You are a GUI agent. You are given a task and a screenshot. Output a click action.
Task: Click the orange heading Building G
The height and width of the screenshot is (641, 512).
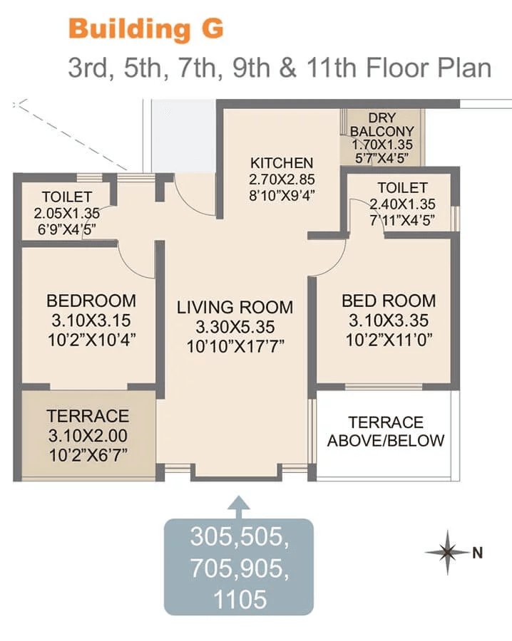click(146, 29)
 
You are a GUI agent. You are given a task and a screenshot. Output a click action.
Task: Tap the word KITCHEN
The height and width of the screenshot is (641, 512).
click(282, 163)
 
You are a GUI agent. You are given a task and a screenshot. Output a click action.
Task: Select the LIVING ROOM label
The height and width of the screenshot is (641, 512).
click(235, 308)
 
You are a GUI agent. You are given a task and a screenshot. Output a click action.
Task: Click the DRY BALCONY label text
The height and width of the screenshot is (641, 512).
click(382, 124)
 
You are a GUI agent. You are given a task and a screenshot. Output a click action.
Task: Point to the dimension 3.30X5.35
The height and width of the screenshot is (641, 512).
click(235, 327)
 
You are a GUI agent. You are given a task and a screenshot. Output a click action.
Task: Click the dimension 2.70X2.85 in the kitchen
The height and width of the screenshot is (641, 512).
click(282, 179)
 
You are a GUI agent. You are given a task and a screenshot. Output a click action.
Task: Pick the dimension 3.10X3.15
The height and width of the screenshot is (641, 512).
click(91, 320)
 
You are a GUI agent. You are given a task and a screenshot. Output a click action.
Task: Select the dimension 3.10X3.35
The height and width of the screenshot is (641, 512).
click(389, 320)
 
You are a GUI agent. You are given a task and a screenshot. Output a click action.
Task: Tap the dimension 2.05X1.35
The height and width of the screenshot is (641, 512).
click(67, 214)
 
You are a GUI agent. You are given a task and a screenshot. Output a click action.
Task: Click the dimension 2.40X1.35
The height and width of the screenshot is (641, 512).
click(402, 204)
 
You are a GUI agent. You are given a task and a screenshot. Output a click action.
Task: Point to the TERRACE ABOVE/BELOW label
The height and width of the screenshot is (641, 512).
click(386, 432)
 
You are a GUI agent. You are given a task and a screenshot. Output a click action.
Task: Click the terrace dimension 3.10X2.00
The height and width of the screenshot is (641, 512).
click(88, 436)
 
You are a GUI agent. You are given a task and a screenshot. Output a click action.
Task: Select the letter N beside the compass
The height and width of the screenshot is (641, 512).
click(477, 553)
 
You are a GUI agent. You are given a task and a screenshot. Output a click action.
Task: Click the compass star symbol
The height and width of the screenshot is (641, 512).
click(447, 552)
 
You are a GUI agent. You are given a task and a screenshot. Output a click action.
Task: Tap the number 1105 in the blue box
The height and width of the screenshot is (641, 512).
click(240, 600)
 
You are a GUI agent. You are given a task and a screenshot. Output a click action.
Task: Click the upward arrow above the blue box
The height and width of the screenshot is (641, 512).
click(239, 507)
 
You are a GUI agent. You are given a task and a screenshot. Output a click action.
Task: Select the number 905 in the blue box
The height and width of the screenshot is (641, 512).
click(266, 568)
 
